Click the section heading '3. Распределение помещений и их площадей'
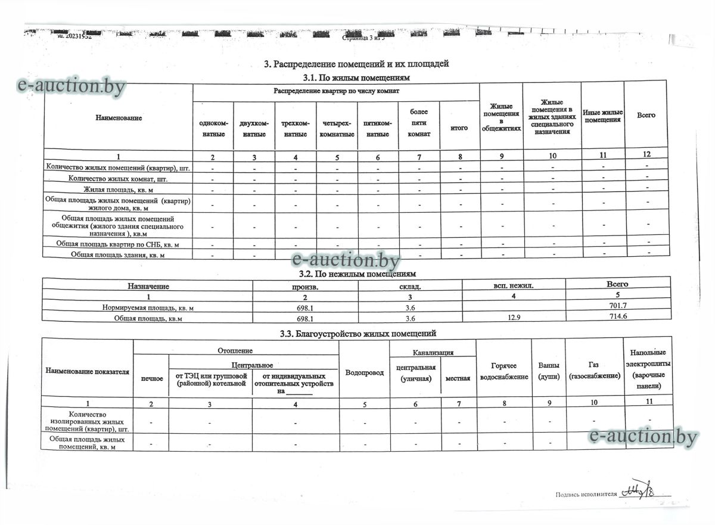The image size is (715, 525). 356,64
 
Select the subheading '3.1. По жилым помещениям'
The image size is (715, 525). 356,77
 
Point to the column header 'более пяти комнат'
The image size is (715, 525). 419,123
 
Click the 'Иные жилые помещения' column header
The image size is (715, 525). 602,116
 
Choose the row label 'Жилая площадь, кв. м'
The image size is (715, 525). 118,190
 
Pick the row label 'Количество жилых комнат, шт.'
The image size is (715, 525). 118,178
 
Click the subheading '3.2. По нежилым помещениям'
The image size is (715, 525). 356,274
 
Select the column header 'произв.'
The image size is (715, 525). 305,286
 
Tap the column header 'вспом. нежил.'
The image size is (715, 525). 514,286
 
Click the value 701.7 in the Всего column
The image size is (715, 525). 617,306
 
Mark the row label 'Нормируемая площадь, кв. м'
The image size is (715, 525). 148,307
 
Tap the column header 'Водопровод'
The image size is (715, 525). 364,372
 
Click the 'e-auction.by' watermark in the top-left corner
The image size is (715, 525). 72,87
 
